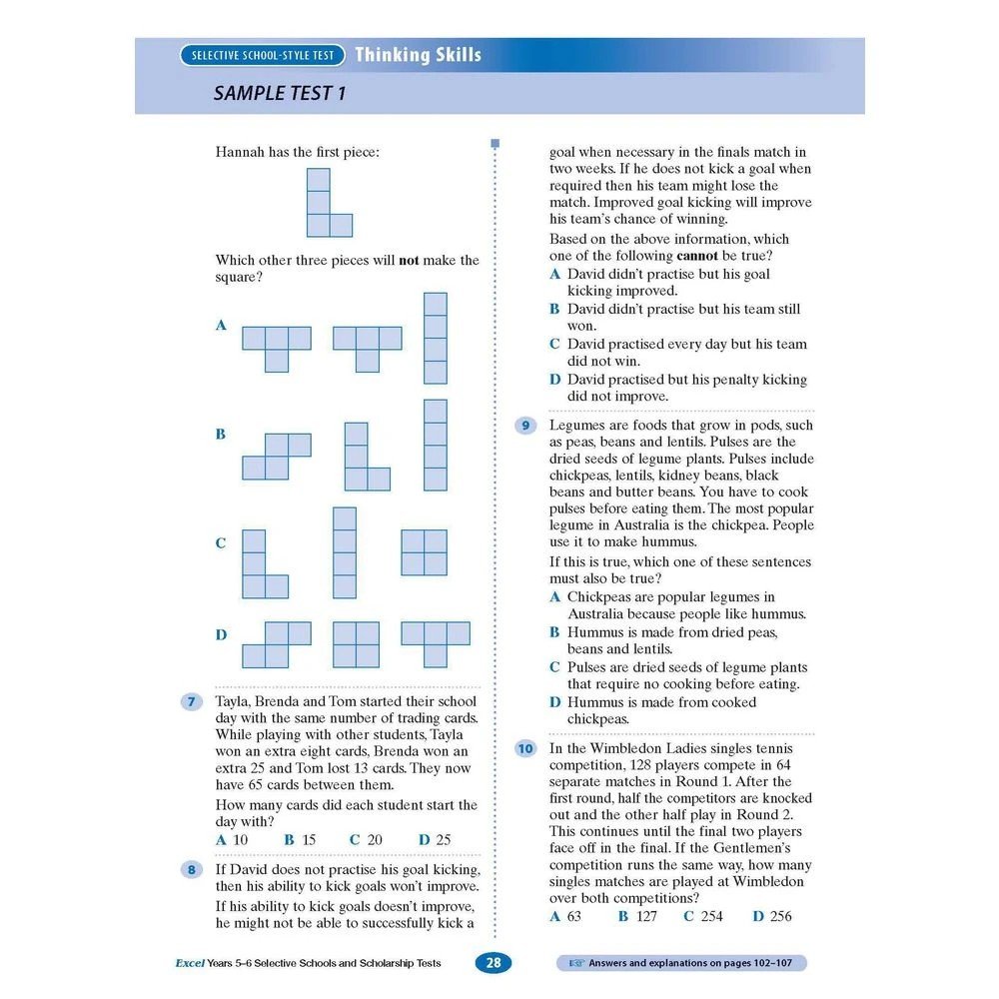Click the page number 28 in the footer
click(494, 963)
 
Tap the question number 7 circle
click(190, 702)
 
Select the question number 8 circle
click(190, 870)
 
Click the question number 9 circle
click(524, 427)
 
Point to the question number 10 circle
click(524, 748)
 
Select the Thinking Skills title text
click(418, 55)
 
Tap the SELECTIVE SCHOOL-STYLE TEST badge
click(263, 56)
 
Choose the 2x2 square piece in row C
click(425, 552)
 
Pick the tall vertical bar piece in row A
click(435, 338)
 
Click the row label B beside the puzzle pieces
click(221, 435)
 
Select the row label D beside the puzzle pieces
click(221, 634)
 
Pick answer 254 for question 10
click(703, 916)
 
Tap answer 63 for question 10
click(565, 916)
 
